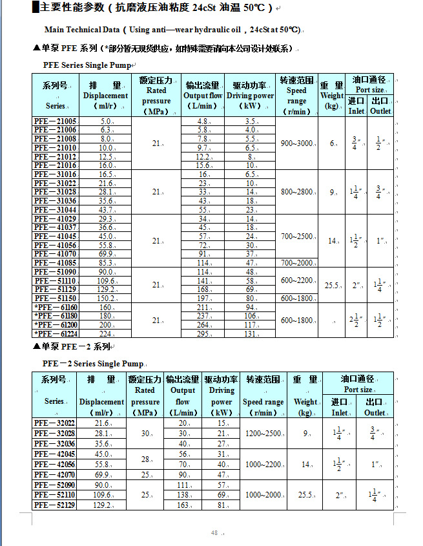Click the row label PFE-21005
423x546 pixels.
(56, 121)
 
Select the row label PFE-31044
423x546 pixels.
(56, 210)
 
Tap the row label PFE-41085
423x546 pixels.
(56, 263)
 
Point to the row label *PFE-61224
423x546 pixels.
(56, 334)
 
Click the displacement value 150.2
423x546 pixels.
(106, 299)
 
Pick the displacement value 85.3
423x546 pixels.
(106, 263)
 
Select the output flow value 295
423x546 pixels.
(203, 334)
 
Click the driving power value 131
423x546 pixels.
(251, 334)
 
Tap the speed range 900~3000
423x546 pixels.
(296, 143)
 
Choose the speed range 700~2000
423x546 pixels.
(296, 263)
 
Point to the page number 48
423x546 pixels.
(214, 533)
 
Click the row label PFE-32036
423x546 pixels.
(55, 444)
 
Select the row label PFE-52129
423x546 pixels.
(55, 505)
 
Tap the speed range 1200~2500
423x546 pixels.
(263, 434)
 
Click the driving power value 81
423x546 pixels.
(222, 505)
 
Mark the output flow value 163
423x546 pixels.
(183, 505)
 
